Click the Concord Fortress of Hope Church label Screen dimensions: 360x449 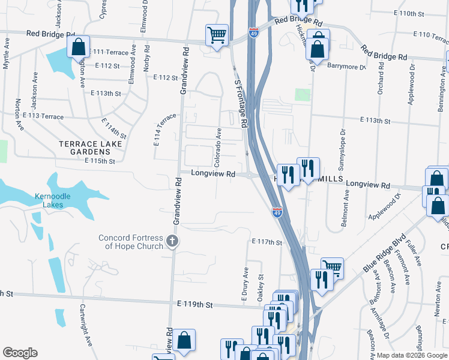click(131, 242)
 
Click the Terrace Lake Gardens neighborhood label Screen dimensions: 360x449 click(91, 148)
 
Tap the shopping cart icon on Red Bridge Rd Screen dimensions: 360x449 click(217, 35)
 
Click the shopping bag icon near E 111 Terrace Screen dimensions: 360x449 click(79, 46)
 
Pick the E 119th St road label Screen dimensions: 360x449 click(193, 305)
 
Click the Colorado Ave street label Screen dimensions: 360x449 click(219, 147)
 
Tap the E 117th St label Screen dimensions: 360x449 click(267, 242)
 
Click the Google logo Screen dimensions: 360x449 click(20, 353)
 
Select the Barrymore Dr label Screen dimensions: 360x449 click(346, 67)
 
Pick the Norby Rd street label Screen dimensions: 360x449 click(146, 57)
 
